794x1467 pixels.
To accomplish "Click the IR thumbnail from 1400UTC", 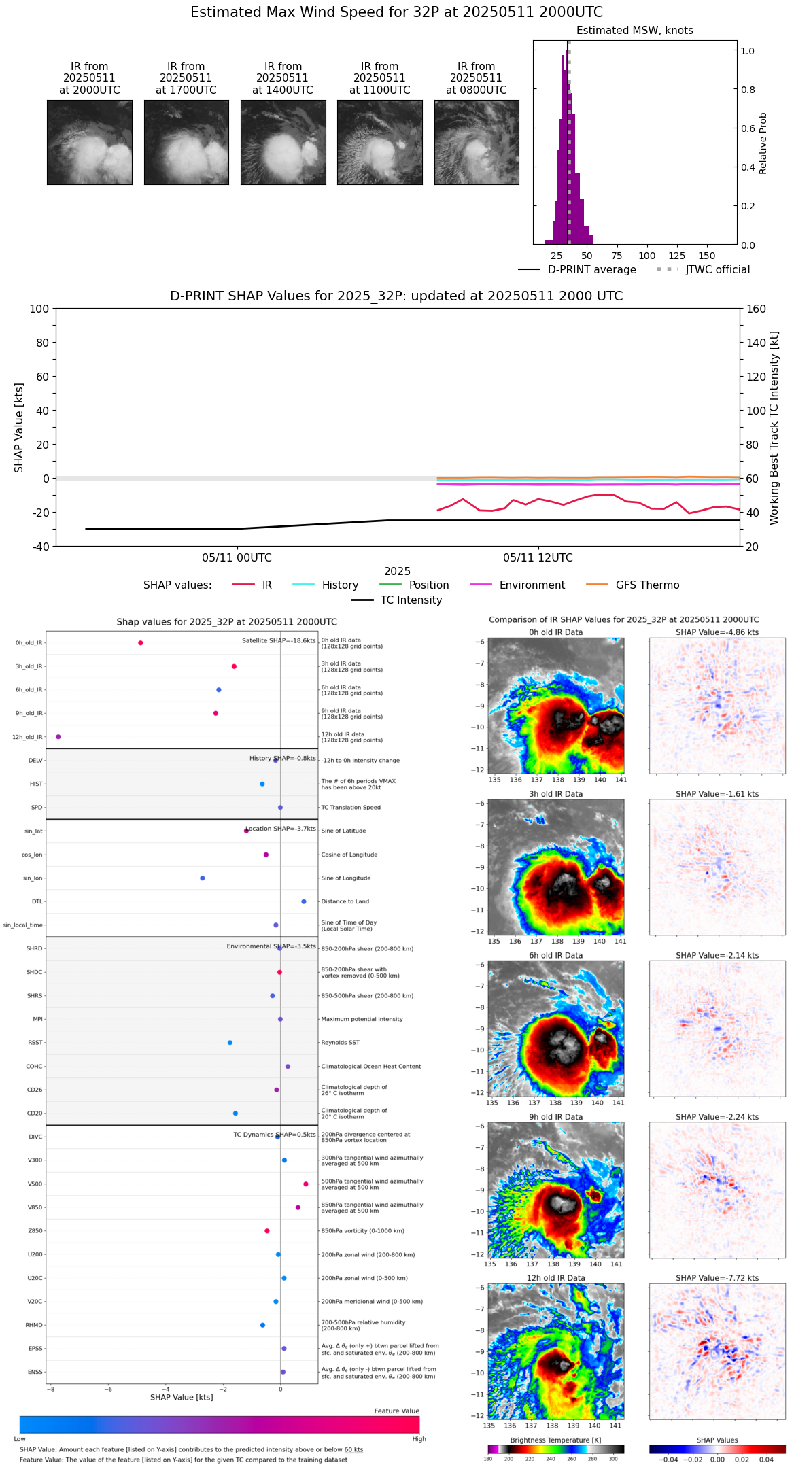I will click(283, 142).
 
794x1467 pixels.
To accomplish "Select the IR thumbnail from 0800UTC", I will click(477, 142).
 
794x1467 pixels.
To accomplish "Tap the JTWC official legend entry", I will click(717, 270).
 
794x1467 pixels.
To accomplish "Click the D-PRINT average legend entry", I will click(591, 270).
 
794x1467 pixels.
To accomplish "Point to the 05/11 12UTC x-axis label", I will click(538, 558).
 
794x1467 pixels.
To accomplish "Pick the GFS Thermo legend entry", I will click(647, 585).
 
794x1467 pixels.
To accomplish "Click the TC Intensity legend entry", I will click(411, 600).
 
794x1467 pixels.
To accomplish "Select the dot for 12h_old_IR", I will click(58, 737).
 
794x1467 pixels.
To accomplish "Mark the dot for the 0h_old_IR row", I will click(141, 643).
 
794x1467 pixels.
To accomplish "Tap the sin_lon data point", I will click(203, 878).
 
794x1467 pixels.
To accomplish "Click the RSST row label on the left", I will click(35, 1043).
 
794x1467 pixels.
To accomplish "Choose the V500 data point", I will click(306, 1184).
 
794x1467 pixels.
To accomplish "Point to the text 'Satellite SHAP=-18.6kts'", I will click(279, 641).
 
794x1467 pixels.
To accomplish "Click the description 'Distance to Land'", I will click(345, 902).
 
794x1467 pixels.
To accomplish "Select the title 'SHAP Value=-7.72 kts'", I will click(717, 1279).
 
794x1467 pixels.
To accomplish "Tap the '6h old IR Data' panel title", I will click(555, 956).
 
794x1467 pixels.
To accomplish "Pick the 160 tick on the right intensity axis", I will click(756, 309).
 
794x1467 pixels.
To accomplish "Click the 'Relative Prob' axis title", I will click(763, 143).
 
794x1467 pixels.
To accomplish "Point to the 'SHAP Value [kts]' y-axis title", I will click(19, 428).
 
